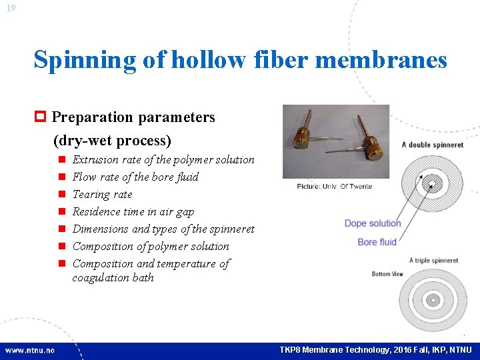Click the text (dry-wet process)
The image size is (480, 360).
(112, 141)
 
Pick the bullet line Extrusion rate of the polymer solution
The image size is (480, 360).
(163, 159)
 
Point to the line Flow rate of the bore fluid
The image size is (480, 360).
(135, 177)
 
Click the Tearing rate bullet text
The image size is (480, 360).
(102, 194)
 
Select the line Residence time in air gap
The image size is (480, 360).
(133, 211)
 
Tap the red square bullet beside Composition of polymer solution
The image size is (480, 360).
(61, 247)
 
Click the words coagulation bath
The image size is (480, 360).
(113, 277)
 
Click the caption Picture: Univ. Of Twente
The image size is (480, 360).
(334, 186)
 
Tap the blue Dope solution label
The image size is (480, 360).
(373, 223)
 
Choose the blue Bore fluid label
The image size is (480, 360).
(377, 242)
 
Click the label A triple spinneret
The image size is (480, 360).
(433, 260)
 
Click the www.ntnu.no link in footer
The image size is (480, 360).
(31, 350)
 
